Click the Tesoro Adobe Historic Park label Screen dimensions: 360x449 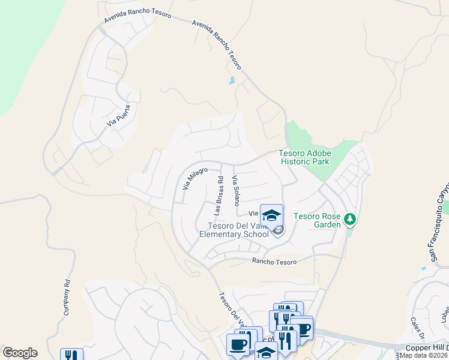coord(305,157)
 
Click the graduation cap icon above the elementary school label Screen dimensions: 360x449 coord(271,215)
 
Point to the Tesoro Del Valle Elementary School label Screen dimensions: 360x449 coord(238,230)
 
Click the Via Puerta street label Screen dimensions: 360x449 coord(118,115)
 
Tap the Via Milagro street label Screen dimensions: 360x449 coord(194,179)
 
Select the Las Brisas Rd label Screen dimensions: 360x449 coord(220,196)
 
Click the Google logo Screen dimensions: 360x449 coord(20,353)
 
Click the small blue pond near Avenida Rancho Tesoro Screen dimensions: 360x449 coord(232,80)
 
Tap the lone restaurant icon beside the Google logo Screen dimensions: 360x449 coord(71,355)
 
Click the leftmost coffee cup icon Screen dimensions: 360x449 coord(237,344)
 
